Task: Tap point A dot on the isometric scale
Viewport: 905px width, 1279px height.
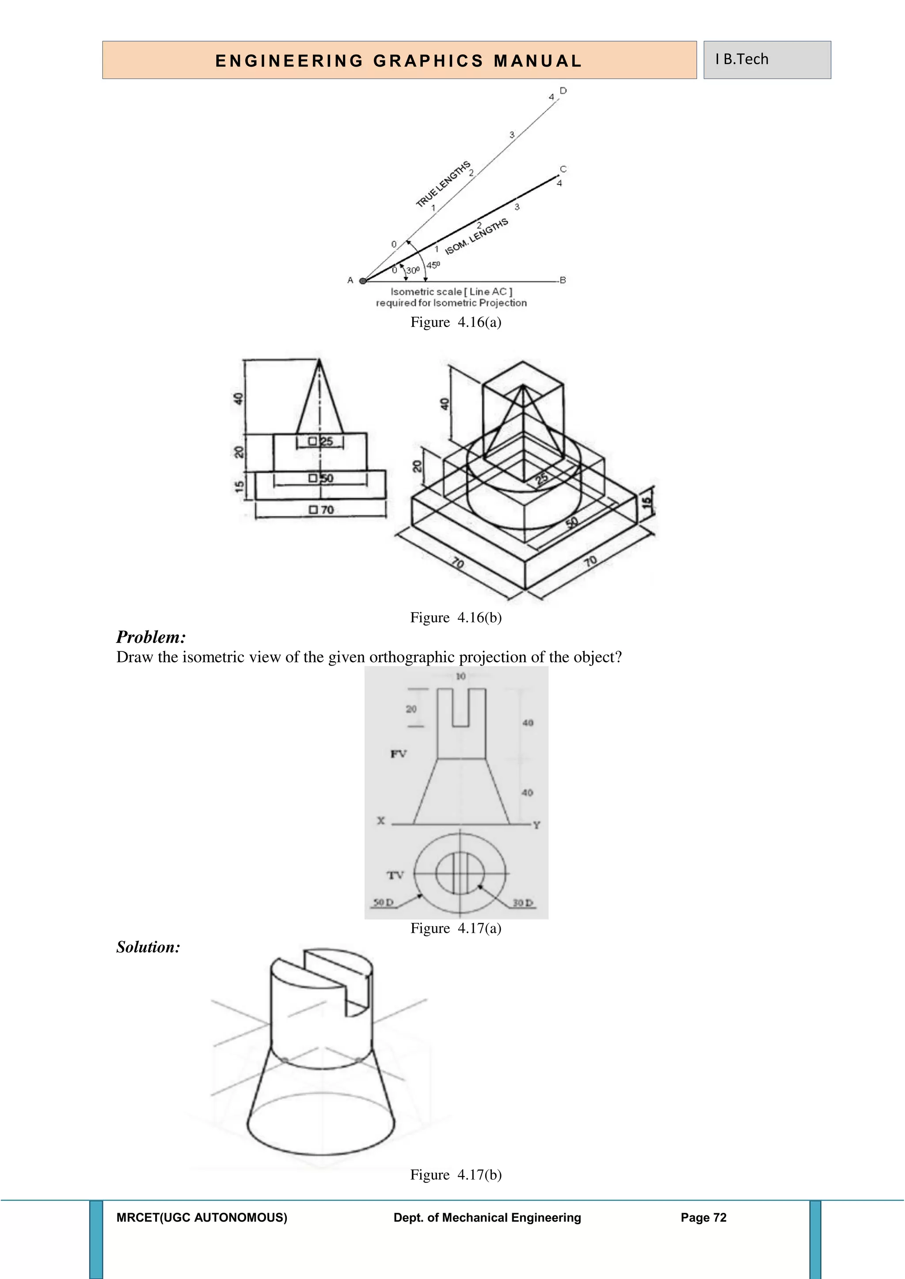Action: click(x=363, y=281)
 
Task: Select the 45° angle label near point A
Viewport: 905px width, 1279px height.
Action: click(x=433, y=265)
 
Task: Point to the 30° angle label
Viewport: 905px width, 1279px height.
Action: click(x=413, y=270)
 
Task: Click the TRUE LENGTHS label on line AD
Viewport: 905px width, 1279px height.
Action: click(x=443, y=184)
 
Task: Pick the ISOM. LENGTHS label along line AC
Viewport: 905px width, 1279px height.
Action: click(x=476, y=237)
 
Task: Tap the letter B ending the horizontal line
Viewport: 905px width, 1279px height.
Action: click(x=563, y=280)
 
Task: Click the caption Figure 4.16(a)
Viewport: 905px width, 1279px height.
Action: click(x=456, y=322)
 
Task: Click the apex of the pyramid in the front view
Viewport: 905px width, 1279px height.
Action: click(x=319, y=360)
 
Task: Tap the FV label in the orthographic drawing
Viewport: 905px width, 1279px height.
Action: click(x=399, y=754)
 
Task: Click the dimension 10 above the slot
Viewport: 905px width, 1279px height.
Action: click(x=460, y=676)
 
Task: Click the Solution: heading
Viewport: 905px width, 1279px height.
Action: click(x=148, y=947)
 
